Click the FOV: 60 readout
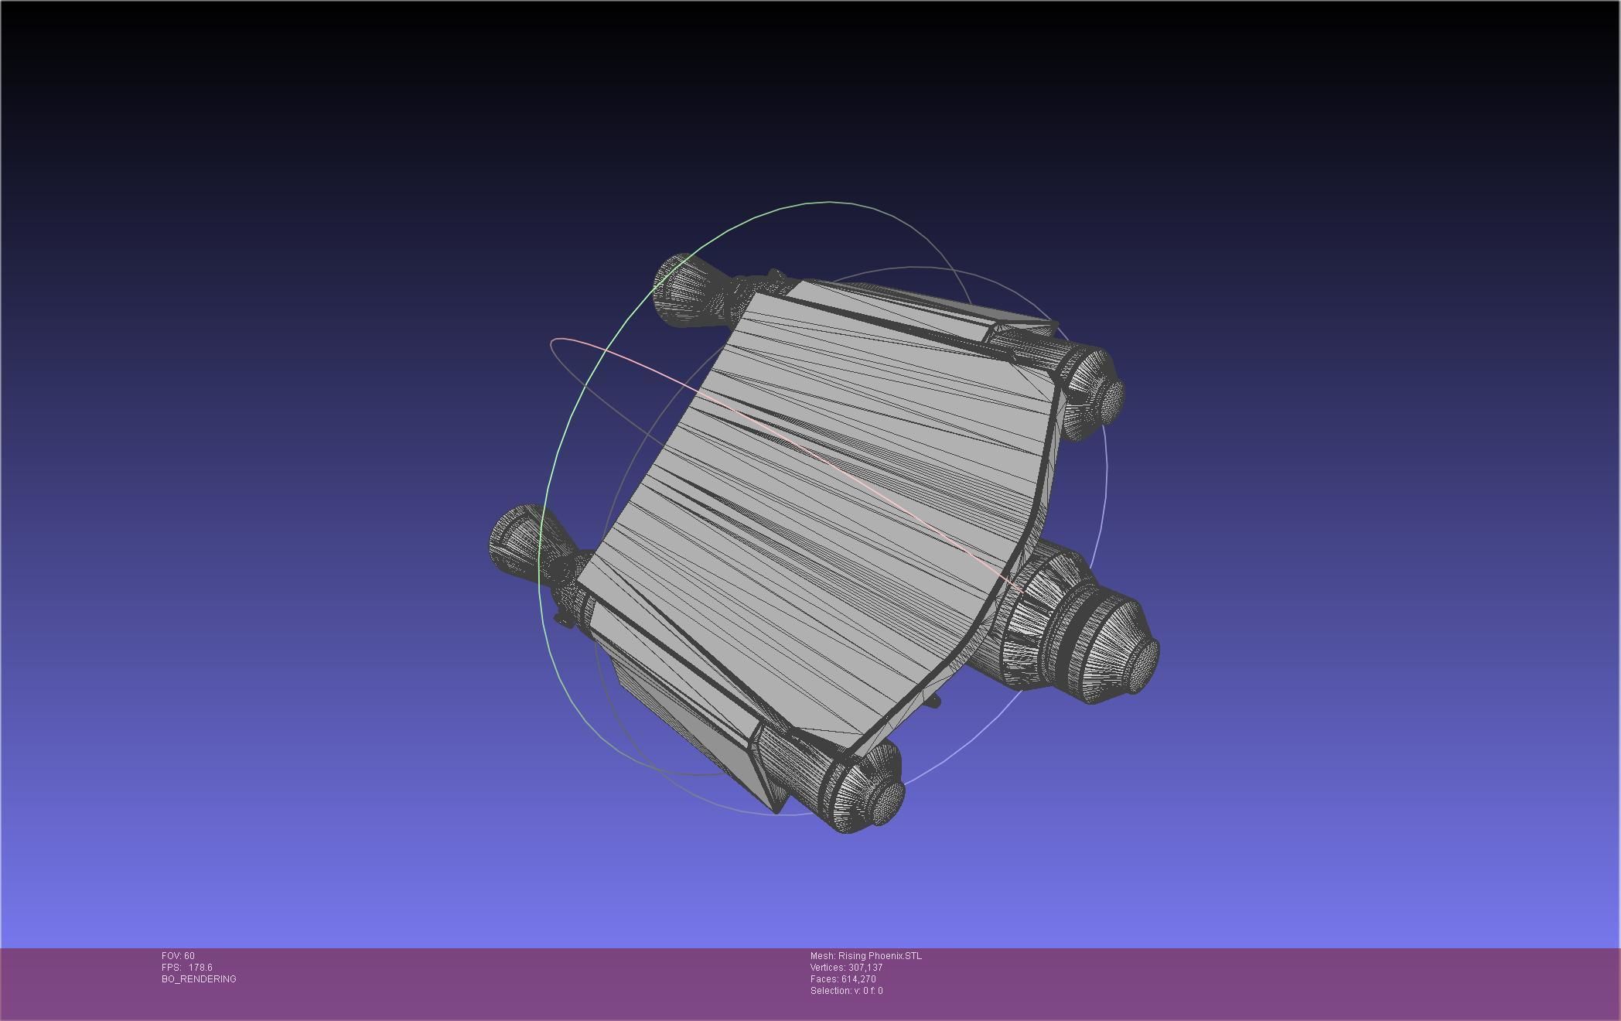[178, 956]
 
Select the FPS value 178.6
[200, 968]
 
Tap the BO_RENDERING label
[199, 979]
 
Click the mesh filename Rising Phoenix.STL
[879, 956]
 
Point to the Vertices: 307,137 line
[846, 968]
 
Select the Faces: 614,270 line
[843, 979]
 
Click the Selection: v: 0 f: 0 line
[846, 991]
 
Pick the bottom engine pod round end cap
[889, 802]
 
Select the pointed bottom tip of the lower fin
[776, 811]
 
